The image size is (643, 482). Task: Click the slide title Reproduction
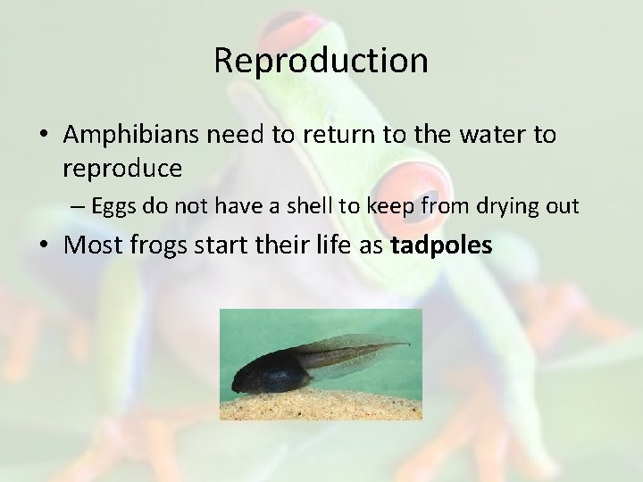click(x=321, y=61)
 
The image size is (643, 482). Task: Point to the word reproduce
click(x=122, y=167)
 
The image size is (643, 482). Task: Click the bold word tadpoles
click(x=441, y=245)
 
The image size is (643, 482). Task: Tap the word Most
click(x=91, y=245)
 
